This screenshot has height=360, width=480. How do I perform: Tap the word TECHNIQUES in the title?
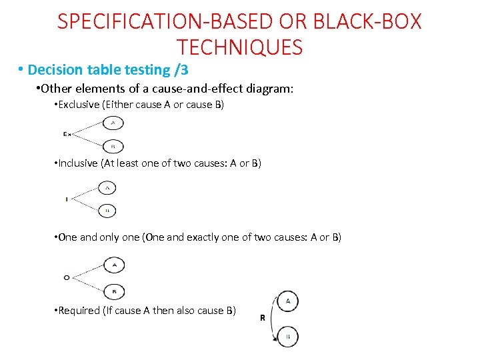pos(240,47)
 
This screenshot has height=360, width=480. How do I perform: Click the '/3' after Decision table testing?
pos(181,69)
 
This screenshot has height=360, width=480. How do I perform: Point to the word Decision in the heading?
pos(55,69)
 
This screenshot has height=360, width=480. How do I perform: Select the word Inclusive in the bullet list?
pos(79,163)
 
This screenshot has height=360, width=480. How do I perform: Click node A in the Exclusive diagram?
pos(113,123)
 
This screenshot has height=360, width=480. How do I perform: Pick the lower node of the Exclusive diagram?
pos(113,145)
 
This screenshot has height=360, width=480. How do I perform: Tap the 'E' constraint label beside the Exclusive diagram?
pos(67,134)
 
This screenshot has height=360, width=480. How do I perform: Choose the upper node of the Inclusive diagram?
pos(107,189)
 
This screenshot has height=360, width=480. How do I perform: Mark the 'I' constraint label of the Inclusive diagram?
pos(67,199)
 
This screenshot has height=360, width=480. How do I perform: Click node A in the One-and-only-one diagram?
pos(115,265)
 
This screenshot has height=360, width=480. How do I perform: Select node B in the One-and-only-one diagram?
pos(115,291)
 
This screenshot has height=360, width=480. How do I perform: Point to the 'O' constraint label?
pos(67,277)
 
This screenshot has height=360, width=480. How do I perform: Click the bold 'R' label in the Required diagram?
pos(262,318)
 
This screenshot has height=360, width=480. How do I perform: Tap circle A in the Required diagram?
pos(288,301)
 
